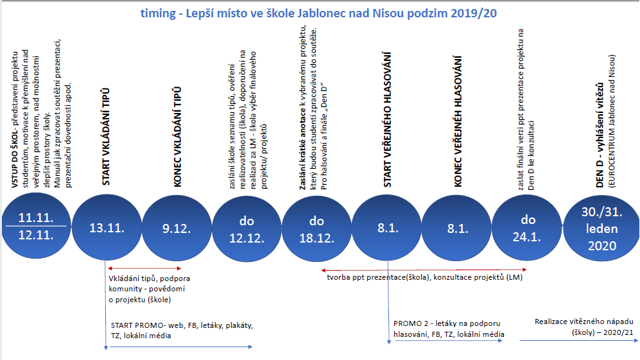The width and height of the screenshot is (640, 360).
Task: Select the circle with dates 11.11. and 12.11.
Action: tap(35, 227)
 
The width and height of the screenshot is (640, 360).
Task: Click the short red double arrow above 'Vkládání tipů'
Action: tap(144, 268)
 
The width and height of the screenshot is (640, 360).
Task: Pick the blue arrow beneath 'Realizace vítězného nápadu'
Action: tap(578, 341)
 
